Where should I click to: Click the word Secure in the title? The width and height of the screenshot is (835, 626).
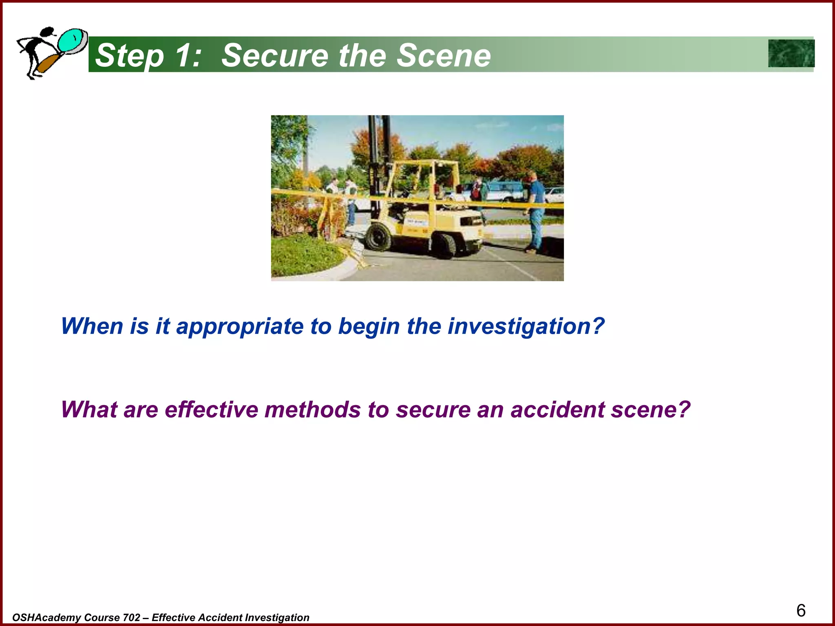pyautogui.click(x=274, y=55)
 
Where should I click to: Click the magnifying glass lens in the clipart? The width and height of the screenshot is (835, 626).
pyautogui.click(x=73, y=41)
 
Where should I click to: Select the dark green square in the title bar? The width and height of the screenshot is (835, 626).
pyautogui.click(x=791, y=53)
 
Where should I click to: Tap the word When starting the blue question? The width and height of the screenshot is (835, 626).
pyautogui.click(x=92, y=326)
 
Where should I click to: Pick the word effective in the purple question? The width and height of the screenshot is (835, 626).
pyautogui.click(x=211, y=410)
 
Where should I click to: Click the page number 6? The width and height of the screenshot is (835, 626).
pyautogui.click(x=801, y=611)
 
